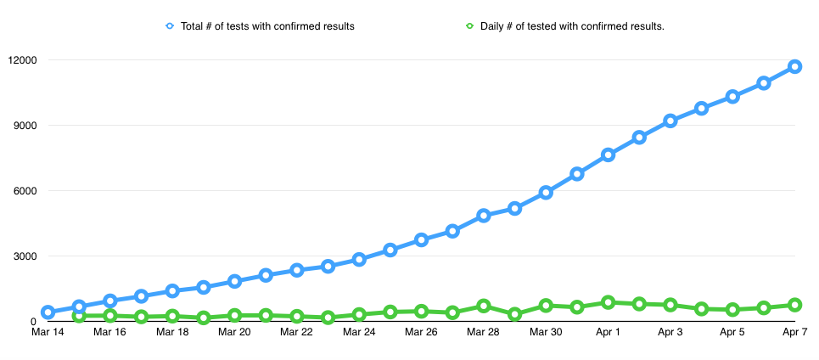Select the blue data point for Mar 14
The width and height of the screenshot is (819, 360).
pyautogui.click(x=48, y=312)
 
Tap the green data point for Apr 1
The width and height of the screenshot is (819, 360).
pyautogui.click(x=608, y=302)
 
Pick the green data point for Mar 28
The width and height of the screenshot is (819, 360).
pyautogui.click(x=484, y=306)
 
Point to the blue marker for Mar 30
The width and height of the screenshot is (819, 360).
pyautogui.click(x=546, y=193)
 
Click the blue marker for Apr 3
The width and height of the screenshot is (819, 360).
pyautogui.click(x=670, y=121)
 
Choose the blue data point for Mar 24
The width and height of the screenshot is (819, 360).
pyautogui.click(x=359, y=259)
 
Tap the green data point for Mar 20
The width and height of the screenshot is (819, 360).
pyautogui.click(x=235, y=315)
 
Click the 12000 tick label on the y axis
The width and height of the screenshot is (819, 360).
pyautogui.click(x=22, y=60)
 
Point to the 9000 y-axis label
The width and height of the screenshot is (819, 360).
pyautogui.click(x=25, y=126)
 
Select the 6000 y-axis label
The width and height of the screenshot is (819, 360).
pyautogui.click(x=25, y=191)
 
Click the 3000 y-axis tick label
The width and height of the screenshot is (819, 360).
pyautogui.click(x=25, y=256)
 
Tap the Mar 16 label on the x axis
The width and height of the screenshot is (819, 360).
pyautogui.click(x=109, y=333)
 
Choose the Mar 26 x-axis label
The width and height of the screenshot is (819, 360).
pyautogui.click(x=421, y=333)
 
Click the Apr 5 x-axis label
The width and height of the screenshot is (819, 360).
pyautogui.click(x=732, y=333)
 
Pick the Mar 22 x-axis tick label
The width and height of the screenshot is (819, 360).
pyautogui.click(x=296, y=333)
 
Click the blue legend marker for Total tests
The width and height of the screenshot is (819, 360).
pyautogui.click(x=171, y=26)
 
